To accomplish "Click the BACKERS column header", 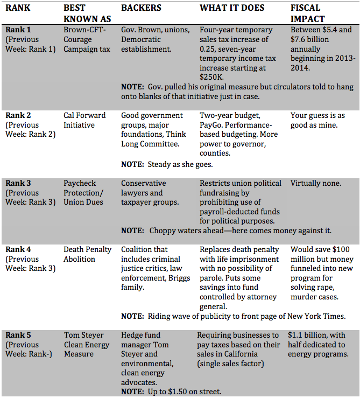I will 142,9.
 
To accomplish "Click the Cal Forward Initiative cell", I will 84,120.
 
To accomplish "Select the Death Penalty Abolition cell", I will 87,254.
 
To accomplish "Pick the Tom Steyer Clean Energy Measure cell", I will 86,344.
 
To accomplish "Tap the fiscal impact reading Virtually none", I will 315,183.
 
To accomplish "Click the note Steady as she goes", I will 167,164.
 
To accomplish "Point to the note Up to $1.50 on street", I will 171,392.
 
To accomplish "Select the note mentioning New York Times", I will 233,316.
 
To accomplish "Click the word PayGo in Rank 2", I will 212,125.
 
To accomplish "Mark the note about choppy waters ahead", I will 226,231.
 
